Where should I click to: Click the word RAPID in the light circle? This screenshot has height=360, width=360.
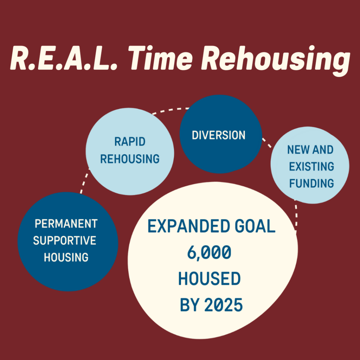[130, 142]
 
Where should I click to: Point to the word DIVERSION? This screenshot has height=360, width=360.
[219, 135]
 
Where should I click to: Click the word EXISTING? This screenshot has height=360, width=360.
[311, 167]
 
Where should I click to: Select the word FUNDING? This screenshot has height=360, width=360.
[311, 183]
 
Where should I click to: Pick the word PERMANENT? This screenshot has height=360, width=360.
[66, 224]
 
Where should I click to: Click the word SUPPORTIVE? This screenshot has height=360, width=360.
[65, 240]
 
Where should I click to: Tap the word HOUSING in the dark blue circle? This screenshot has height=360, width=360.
[66, 257]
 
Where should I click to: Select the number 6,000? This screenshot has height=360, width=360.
[209, 253]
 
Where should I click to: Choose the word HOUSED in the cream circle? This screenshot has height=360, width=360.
[210, 279]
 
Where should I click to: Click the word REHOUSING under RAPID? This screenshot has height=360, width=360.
[130, 159]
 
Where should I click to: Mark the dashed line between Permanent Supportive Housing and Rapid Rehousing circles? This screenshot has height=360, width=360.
[84, 179]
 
